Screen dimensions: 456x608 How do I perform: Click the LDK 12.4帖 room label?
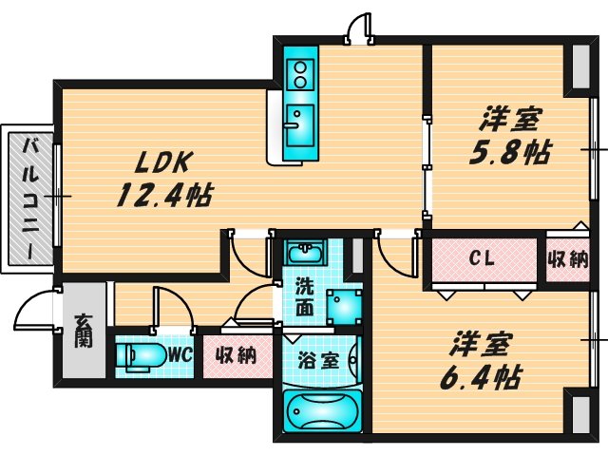(x=161, y=178)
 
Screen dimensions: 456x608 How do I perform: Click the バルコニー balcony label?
(x=31, y=200)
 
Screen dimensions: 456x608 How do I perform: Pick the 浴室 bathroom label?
(x=318, y=360)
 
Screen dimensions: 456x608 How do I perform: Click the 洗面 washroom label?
(x=304, y=295)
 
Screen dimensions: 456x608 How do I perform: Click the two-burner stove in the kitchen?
(x=301, y=72)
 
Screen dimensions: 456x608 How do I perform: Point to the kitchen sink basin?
(x=297, y=122)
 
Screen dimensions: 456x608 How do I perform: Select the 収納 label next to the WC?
(x=235, y=356)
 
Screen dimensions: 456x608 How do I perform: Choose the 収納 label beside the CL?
(x=568, y=258)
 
